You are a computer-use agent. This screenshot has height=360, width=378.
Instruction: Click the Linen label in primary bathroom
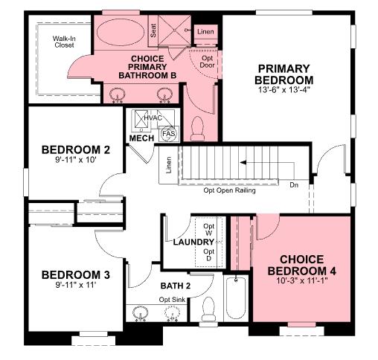pos(205,31)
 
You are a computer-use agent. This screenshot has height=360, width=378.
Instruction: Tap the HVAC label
pos(153,117)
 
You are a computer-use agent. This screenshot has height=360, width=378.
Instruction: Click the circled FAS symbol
pos(168,134)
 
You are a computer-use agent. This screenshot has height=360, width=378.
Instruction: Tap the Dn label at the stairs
pos(294,184)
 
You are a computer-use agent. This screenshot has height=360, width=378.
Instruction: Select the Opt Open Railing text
pos(229,190)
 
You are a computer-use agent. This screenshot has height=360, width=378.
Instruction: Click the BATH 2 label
pos(176,286)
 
